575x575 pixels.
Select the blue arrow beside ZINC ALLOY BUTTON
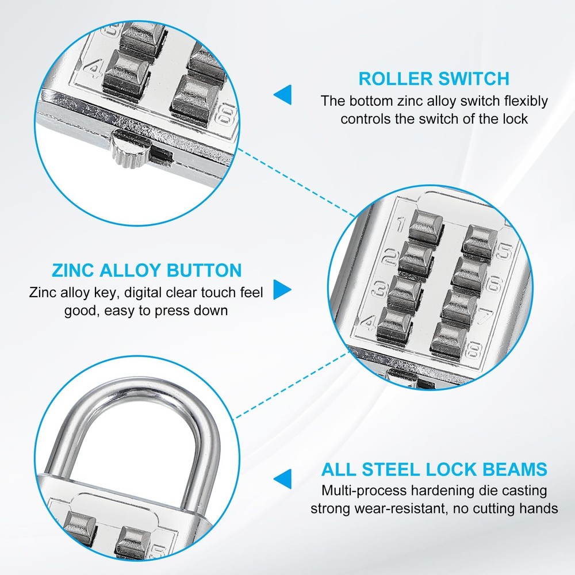282,289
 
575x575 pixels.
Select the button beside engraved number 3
405,290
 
